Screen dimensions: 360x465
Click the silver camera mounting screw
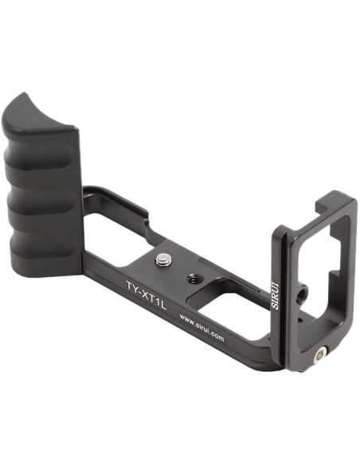click(x=162, y=259)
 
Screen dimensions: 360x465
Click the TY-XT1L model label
click(x=145, y=295)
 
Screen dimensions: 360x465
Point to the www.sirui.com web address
click(x=202, y=327)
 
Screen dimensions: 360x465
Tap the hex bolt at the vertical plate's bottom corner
click(x=320, y=354)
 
